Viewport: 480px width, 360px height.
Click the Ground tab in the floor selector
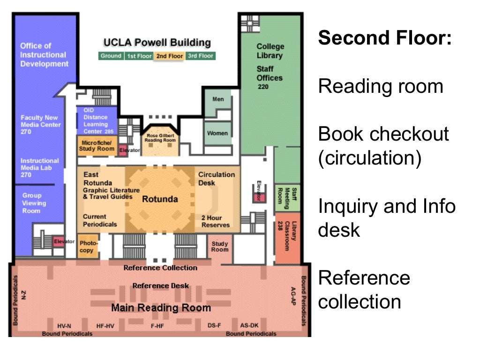tap(111, 56)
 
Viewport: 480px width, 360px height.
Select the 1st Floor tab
tap(139, 56)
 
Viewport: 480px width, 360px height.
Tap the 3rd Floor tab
tap(200, 56)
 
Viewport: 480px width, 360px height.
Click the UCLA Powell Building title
tap(157, 43)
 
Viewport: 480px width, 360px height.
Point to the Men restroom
tap(218, 99)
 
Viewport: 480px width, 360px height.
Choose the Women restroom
tap(217, 133)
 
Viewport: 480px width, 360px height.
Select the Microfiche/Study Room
tap(96, 145)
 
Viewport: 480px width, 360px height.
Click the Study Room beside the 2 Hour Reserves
tap(220, 247)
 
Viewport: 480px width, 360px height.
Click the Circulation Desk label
tap(216, 179)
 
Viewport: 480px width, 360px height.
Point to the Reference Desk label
tap(160, 285)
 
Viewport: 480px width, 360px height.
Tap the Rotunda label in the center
tap(160, 199)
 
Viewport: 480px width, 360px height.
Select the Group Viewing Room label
tap(34, 203)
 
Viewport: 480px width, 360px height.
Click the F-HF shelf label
tap(157, 325)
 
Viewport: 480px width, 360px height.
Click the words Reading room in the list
tap(381, 87)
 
